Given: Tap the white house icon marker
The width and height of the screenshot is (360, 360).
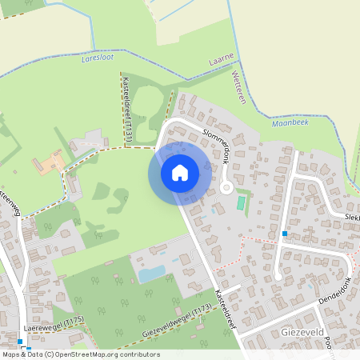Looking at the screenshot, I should tap(180, 172).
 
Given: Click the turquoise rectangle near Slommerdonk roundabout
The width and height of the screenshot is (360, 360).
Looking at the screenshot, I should tap(241, 203).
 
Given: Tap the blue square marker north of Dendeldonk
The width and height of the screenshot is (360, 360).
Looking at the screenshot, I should tap(284, 234).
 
